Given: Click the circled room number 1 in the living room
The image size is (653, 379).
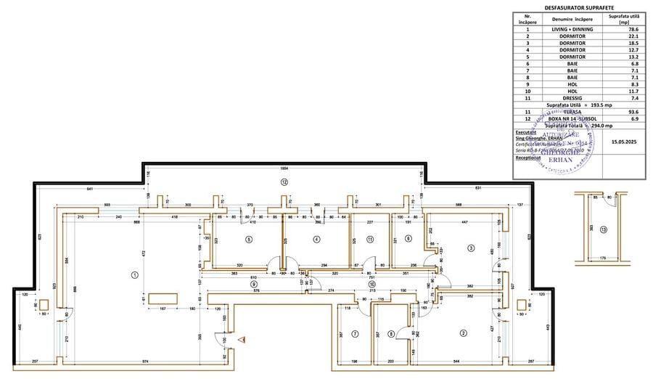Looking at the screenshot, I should pyautogui.click(x=134, y=274).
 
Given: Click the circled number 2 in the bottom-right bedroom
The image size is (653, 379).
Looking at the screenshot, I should pyautogui.click(x=462, y=333).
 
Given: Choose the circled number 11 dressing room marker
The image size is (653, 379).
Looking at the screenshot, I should pyautogui.click(x=369, y=239).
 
